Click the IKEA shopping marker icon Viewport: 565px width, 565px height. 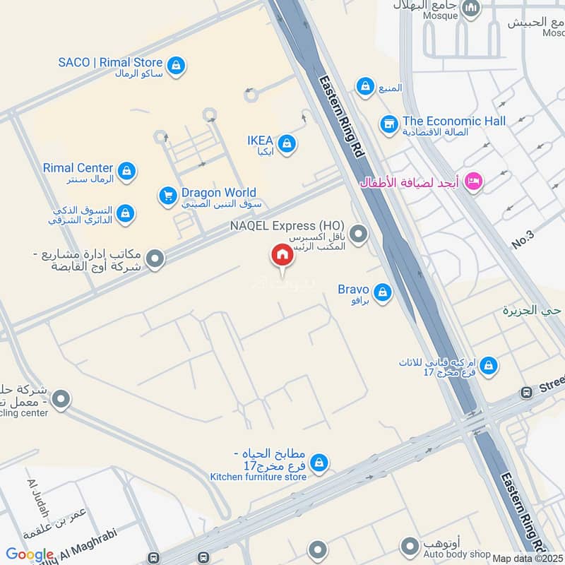(286, 144)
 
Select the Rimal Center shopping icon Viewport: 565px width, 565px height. (126, 170)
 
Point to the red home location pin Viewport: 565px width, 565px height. (282, 255)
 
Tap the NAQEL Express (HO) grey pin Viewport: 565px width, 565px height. (359, 232)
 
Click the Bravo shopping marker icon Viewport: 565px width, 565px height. (382, 292)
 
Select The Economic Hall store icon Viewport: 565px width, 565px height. (388, 124)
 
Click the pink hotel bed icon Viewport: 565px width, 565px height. (474, 180)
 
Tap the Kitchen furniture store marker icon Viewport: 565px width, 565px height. (319, 463)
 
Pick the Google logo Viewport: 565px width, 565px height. (30, 555)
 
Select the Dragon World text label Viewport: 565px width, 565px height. (218, 193)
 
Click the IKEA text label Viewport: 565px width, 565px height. (260, 140)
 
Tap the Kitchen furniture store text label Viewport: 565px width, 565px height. (258, 477)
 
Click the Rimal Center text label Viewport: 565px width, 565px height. (78, 167)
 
